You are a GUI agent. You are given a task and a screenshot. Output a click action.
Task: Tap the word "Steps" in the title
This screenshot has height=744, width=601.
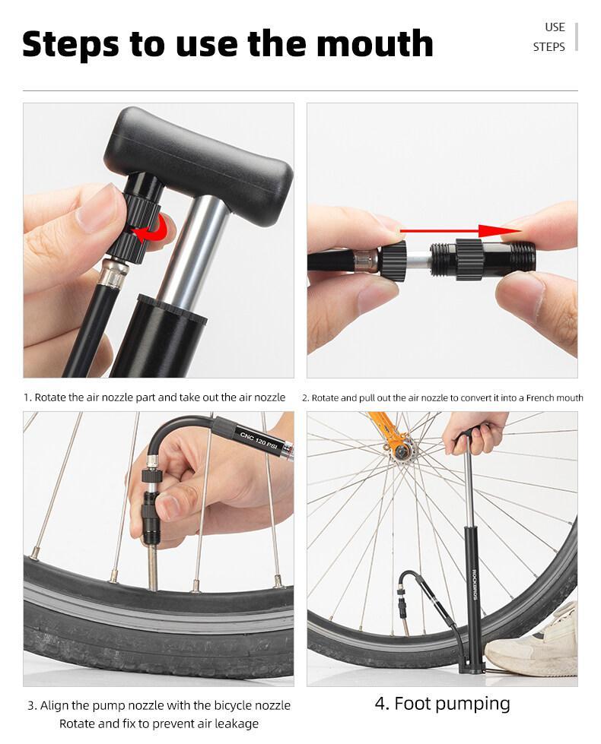[x=71, y=43]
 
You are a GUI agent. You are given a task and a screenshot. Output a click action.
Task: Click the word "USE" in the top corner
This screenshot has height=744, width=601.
[x=555, y=27]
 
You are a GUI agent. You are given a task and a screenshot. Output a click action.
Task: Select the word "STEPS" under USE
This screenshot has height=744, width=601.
[x=549, y=47]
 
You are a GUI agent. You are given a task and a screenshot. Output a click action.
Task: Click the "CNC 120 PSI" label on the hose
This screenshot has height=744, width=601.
[x=262, y=439]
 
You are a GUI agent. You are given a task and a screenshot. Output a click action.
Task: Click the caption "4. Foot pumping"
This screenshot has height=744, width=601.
[x=442, y=703]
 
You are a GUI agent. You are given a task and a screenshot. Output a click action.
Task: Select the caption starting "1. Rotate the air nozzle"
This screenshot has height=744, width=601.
[x=154, y=397]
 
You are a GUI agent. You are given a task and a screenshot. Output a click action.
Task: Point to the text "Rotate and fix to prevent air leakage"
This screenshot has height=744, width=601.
[x=159, y=723]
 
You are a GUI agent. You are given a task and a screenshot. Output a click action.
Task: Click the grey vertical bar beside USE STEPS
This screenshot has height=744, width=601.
[x=577, y=36]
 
